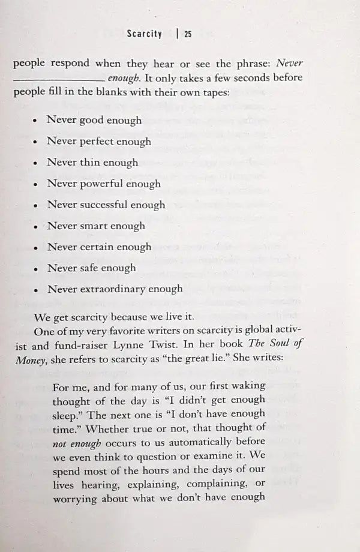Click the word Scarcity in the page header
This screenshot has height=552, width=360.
[x=145, y=34]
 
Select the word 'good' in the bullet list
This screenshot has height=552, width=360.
[x=92, y=120]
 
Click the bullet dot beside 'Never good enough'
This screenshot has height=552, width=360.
[x=36, y=121]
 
